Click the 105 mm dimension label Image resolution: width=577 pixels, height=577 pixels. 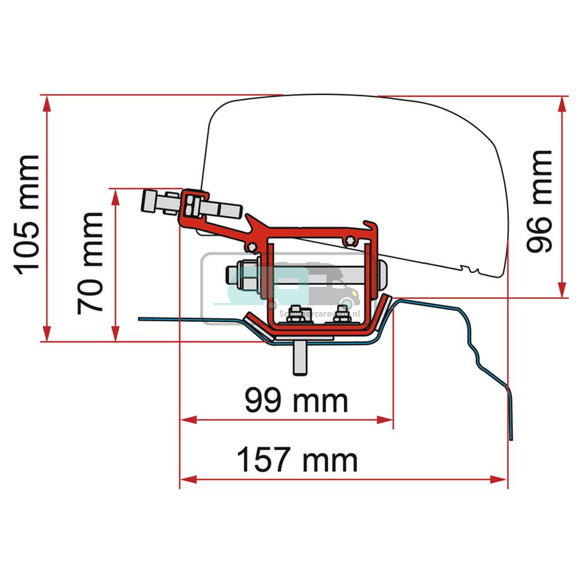[27, 213]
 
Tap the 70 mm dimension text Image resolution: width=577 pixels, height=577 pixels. [91, 263]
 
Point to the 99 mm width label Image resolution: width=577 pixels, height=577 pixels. [296, 400]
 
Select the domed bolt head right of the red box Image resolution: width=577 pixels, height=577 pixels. [383, 276]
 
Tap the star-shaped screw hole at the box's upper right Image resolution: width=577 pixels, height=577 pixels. [347, 240]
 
